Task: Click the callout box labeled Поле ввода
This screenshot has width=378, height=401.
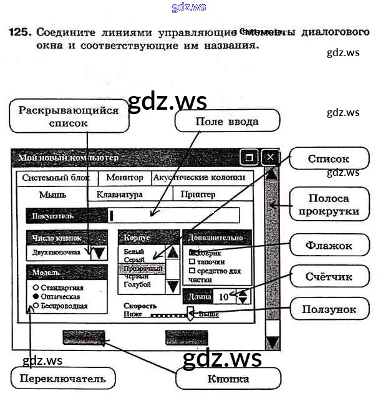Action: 226,121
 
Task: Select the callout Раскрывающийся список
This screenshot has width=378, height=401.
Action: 68,117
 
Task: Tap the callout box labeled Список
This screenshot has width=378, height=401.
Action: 328,159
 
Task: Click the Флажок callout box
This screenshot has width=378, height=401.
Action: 328,246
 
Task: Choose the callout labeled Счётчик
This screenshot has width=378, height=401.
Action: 328,276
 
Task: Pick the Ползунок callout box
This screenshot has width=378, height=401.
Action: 328,309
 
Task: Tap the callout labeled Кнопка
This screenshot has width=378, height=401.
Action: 228,379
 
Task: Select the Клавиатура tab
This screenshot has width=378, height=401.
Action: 119,195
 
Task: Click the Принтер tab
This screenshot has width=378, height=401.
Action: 198,195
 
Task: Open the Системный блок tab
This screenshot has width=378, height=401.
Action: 56,178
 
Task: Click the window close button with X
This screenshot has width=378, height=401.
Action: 270,157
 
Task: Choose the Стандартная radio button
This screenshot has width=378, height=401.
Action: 36,287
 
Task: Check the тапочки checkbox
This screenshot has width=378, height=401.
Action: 192,262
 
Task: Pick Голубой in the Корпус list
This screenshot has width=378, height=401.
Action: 137,285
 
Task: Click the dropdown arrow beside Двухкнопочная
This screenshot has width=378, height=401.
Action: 99,253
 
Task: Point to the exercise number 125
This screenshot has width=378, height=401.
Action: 20,32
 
